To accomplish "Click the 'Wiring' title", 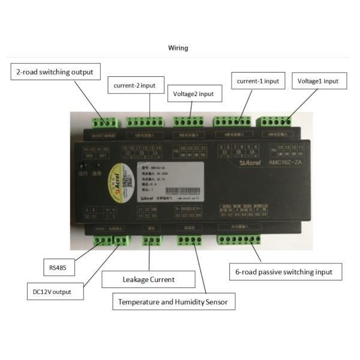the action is [x=179, y=48].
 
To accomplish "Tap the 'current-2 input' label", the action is [x=134, y=86].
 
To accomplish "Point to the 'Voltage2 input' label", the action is [x=193, y=94].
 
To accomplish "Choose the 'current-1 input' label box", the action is [x=257, y=80].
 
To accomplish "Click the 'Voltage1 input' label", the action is [x=318, y=80].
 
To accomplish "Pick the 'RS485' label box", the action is [x=58, y=266].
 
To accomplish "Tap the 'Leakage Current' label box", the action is [x=148, y=279].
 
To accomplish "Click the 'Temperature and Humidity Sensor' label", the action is [x=173, y=302].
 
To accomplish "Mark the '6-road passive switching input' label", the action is [x=288, y=272].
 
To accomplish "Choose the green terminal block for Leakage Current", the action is [x=152, y=241].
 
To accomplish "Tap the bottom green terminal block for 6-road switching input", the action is [x=240, y=241].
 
